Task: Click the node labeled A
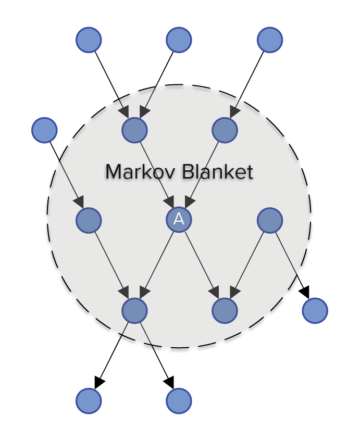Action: coord(179,220)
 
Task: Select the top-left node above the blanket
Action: coord(89,40)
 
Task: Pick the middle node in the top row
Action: coord(179,40)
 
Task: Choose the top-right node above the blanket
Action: coord(270,40)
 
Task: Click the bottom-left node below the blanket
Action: coord(89,401)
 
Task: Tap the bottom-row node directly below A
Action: coord(179,401)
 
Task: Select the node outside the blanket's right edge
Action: coord(315,311)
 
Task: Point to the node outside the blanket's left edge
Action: coord(44,130)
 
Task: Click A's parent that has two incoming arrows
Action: coord(134,130)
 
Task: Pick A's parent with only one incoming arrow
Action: coord(225,130)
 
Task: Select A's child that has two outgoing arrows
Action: coord(134,311)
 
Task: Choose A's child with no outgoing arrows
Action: coord(225,311)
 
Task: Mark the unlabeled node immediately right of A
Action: coord(270,220)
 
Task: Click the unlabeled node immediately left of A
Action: coord(89,220)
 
